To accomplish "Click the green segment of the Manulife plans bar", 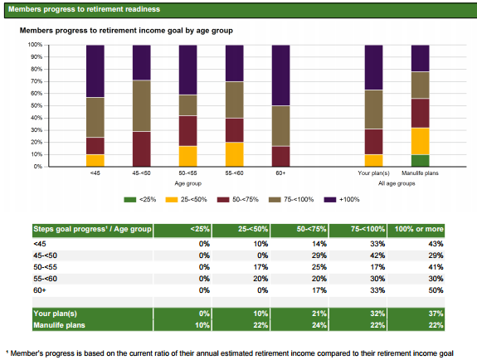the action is tap(420, 161).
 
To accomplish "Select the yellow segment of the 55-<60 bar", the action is tap(234, 154).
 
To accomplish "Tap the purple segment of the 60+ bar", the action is tap(280, 75).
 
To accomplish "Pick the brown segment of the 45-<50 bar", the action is tap(142, 106).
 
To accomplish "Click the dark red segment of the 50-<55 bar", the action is tap(187, 131).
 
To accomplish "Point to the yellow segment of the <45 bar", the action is tap(95, 161).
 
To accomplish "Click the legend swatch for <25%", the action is tap(130, 200).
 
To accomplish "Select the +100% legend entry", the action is tap(342, 200).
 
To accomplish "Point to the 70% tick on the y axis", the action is tap(46, 81).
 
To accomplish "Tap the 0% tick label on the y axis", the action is tap(37, 167).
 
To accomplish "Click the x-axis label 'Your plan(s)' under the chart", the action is tap(373, 173).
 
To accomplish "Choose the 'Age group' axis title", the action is tap(188, 183).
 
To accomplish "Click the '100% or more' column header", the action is tap(419, 229).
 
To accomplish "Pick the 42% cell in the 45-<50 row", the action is tap(377, 255).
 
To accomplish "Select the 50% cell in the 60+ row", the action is tap(436, 290).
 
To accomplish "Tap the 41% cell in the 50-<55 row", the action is tap(436, 267).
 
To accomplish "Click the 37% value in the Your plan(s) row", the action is tap(436, 314).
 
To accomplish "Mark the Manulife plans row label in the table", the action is tap(60, 325).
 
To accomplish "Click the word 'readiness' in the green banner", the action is tap(143, 9).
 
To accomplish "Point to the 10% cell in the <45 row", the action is tap(260, 244).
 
